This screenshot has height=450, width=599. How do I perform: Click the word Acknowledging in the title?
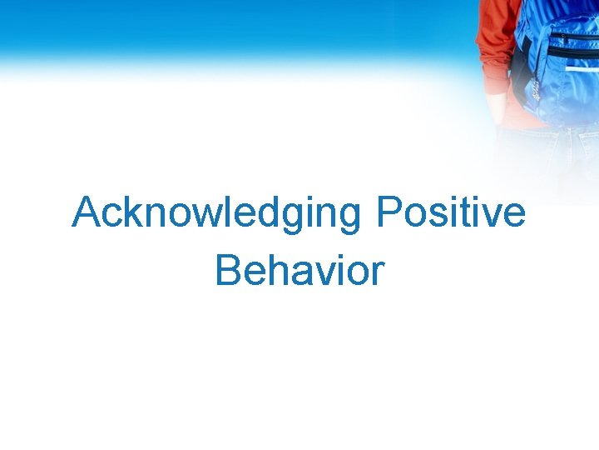[x=216, y=213]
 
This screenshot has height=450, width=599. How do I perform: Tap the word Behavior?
[x=299, y=271]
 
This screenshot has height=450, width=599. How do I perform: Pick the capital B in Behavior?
[x=227, y=271]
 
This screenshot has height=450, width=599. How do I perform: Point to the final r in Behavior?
[x=378, y=274]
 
